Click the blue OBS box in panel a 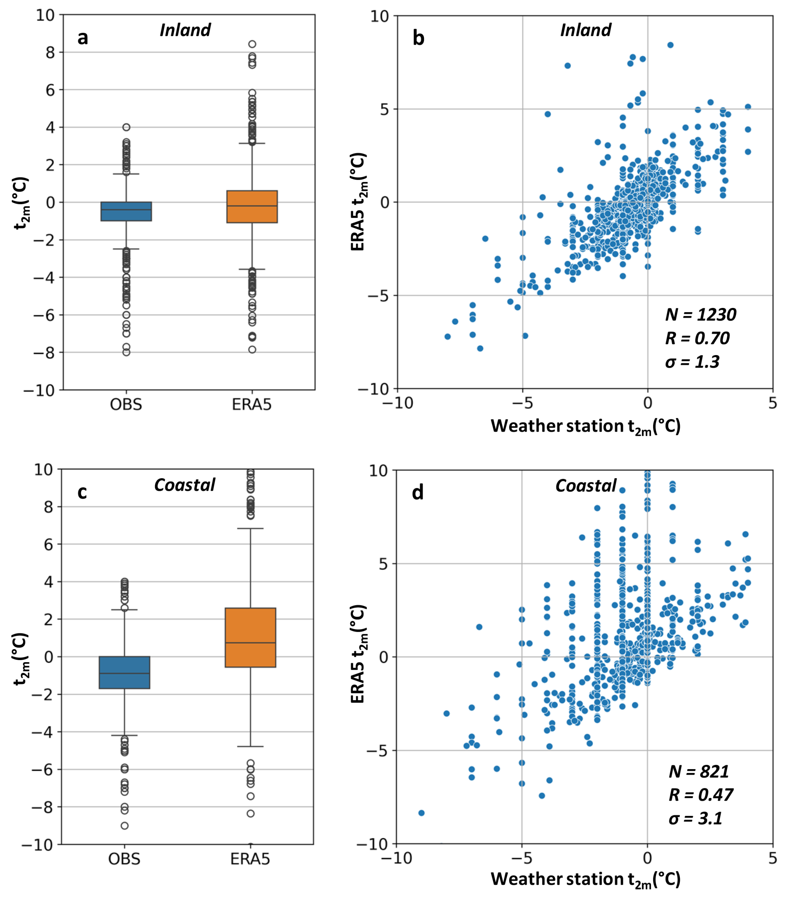point(126,211)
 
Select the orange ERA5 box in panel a point(252,207)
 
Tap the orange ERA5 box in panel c point(250,637)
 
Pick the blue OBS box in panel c point(125,672)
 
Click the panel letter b point(418,38)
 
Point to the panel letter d point(417,493)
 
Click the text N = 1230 point(701,315)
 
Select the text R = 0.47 point(701,795)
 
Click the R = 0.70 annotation point(697,339)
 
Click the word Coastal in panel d point(586,486)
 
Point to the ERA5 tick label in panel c point(250,859)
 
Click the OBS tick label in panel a point(126,404)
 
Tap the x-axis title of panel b point(586,426)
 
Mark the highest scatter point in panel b point(670,45)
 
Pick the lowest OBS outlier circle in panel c point(125,825)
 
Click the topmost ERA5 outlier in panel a point(252,44)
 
